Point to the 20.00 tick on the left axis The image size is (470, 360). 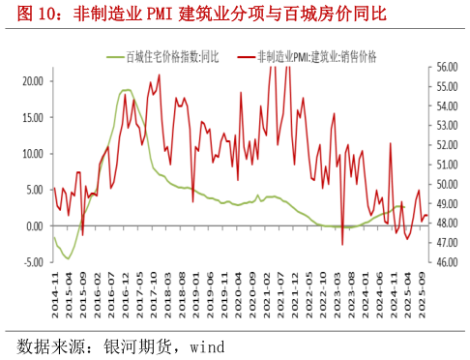click(33, 81)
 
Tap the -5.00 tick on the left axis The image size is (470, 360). click(33, 262)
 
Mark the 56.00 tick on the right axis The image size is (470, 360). click(444, 68)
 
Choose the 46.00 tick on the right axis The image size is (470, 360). click(444, 262)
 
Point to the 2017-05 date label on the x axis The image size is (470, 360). click(138, 288)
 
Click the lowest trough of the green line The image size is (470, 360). click(67, 258)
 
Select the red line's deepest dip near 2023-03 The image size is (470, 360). click(342, 244)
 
